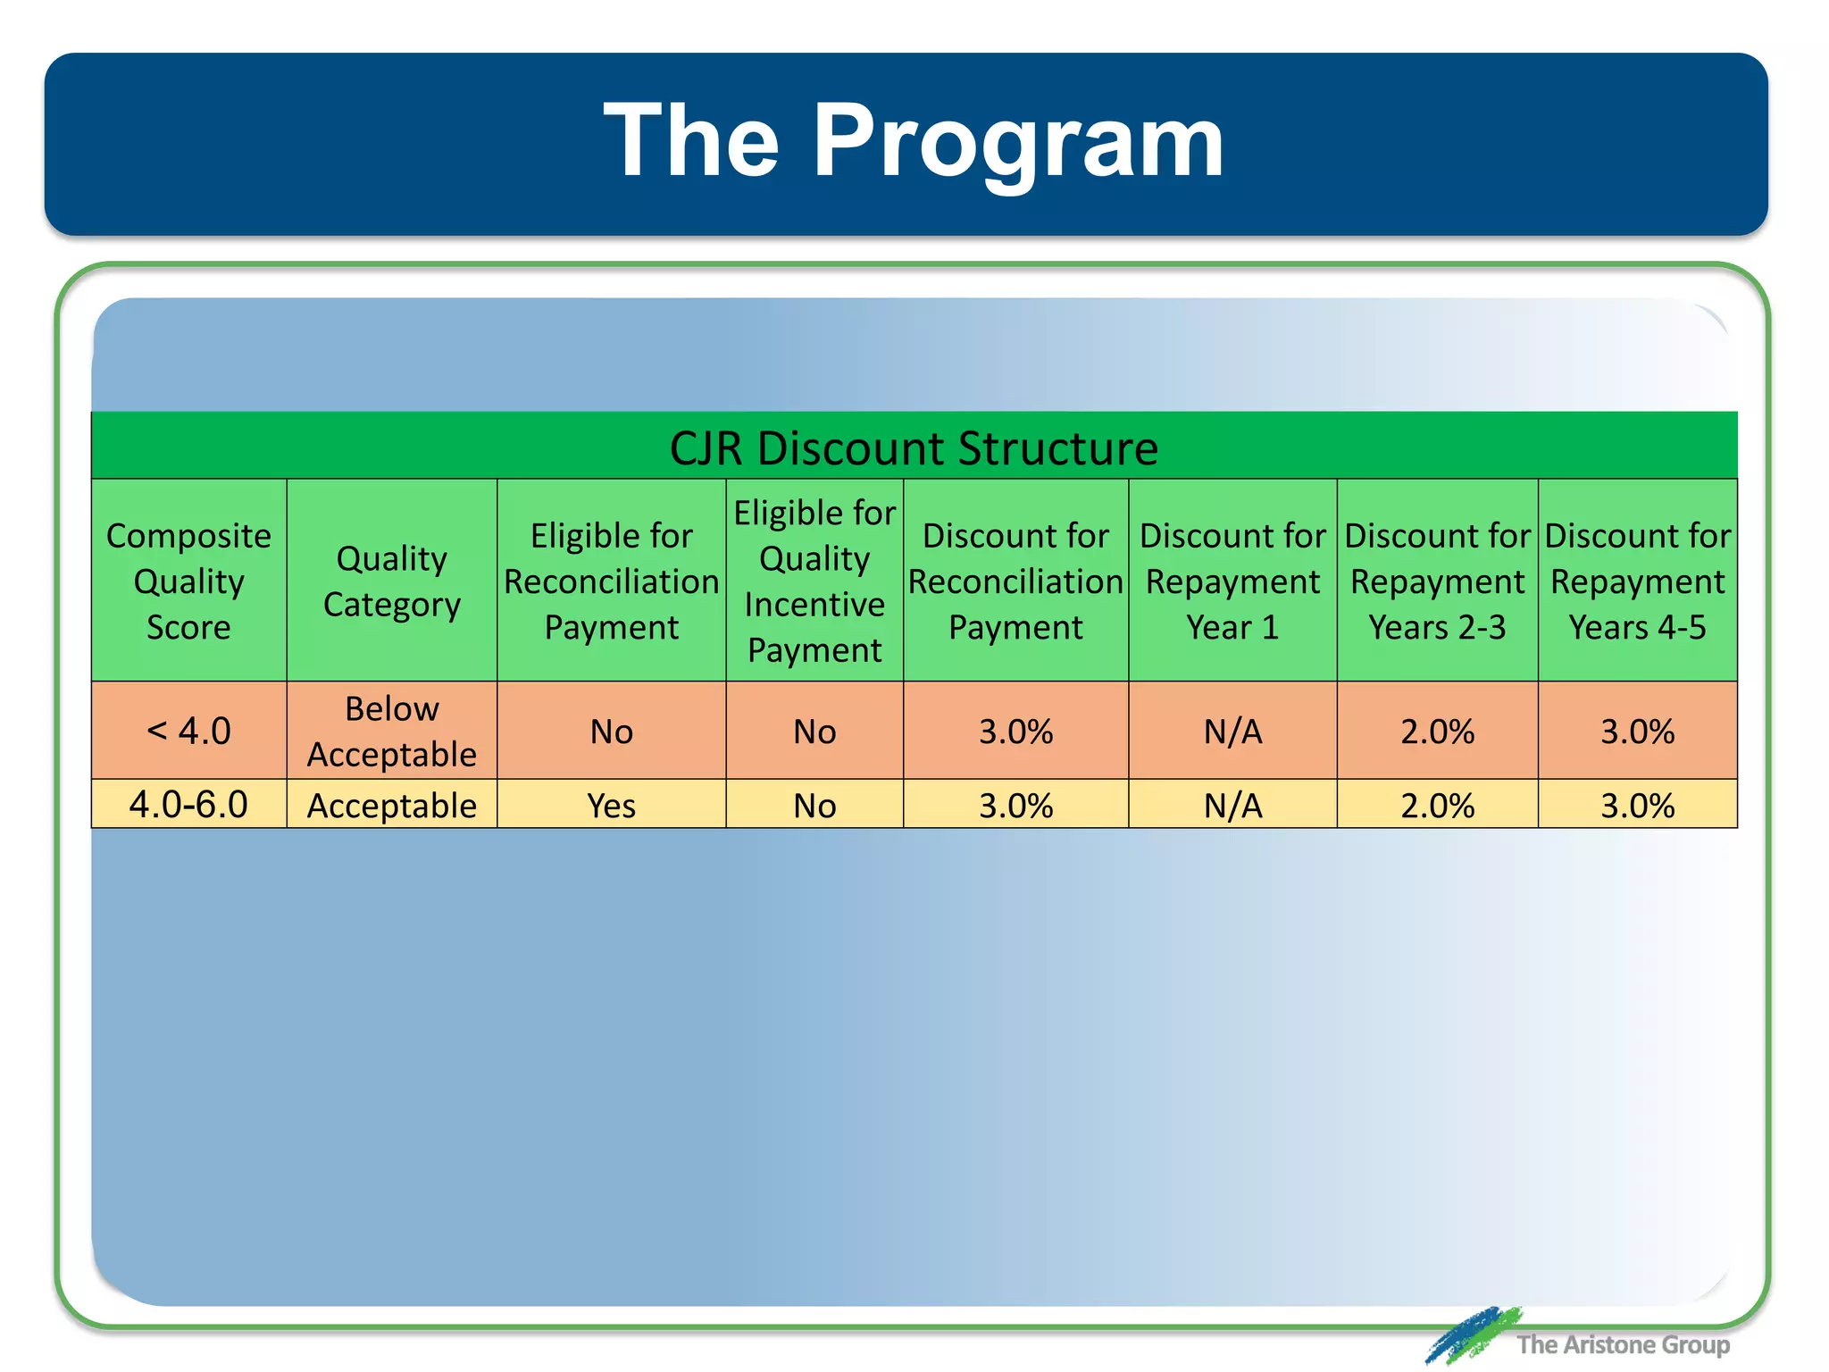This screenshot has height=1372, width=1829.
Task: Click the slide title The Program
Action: click(x=913, y=141)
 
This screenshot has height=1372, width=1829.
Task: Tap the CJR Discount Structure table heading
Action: click(x=914, y=448)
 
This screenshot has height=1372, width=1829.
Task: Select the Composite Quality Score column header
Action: click(x=188, y=581)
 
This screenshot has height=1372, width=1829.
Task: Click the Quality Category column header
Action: click(x=391, y=581)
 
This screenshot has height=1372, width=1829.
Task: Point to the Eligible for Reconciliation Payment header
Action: click(x=611, y=581)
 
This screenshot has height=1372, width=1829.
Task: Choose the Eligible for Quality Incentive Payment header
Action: click(x=814, y=581)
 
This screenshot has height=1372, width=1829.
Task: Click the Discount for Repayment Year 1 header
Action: click(x=1232, y=581)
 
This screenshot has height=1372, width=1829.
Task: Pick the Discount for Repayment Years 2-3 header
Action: click(x=1437, y=581)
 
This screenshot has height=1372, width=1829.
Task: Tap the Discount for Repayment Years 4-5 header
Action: click(x=1637, y=581)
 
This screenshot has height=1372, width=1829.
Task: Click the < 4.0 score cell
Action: click(x=188, y=731)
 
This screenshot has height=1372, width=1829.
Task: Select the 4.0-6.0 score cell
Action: click(x=188, y=805)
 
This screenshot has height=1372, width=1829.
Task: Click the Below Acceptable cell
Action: click(x=391, y=731)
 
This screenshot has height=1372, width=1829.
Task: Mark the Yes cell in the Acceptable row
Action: click(x=611, y=806)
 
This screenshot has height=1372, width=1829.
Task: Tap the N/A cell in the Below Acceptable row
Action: click(x=1232, y=732)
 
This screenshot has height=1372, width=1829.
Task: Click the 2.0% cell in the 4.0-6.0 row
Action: click(x=1437, y=806)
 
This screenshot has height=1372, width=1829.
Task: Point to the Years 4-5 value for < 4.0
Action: click(x=1637, y=732)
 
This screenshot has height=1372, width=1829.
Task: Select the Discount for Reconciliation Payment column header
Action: click(x=1015, y=581)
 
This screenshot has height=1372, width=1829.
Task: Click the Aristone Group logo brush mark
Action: click(x=1472, y=1334)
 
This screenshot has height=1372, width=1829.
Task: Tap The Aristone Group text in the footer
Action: click(x=1623, y=1344)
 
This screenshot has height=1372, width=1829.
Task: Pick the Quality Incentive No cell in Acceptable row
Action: click(x=814, y=806)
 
